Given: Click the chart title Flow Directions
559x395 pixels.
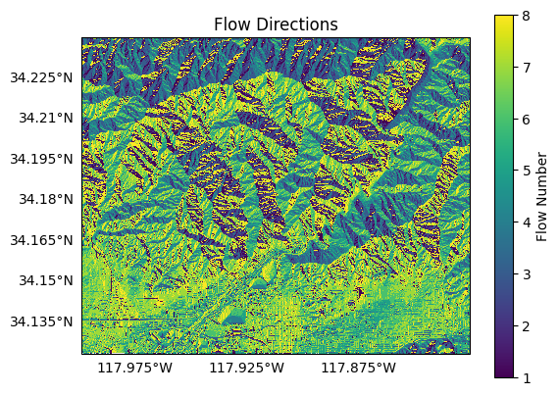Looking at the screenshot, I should point(275,25).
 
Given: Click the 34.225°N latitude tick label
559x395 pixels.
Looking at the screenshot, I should point(45,77).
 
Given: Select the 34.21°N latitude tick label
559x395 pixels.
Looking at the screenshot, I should point(49,118).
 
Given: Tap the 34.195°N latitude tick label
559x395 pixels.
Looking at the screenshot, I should point(45,159).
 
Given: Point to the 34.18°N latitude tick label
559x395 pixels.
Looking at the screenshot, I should point(49,199).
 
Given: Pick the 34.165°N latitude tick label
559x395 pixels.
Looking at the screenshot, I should point(45,240).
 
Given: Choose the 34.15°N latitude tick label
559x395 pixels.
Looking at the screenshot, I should point(49,280).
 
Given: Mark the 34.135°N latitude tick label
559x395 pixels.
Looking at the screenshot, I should point(45,321).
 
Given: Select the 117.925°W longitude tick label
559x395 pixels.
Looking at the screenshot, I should point(247,370).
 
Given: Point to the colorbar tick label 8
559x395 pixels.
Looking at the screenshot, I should point(528,16).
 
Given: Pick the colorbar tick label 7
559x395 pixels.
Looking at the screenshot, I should point(528,68).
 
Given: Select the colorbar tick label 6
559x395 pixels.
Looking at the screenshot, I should point(528,119).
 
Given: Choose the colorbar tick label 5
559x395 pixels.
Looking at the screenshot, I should point(528,171).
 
